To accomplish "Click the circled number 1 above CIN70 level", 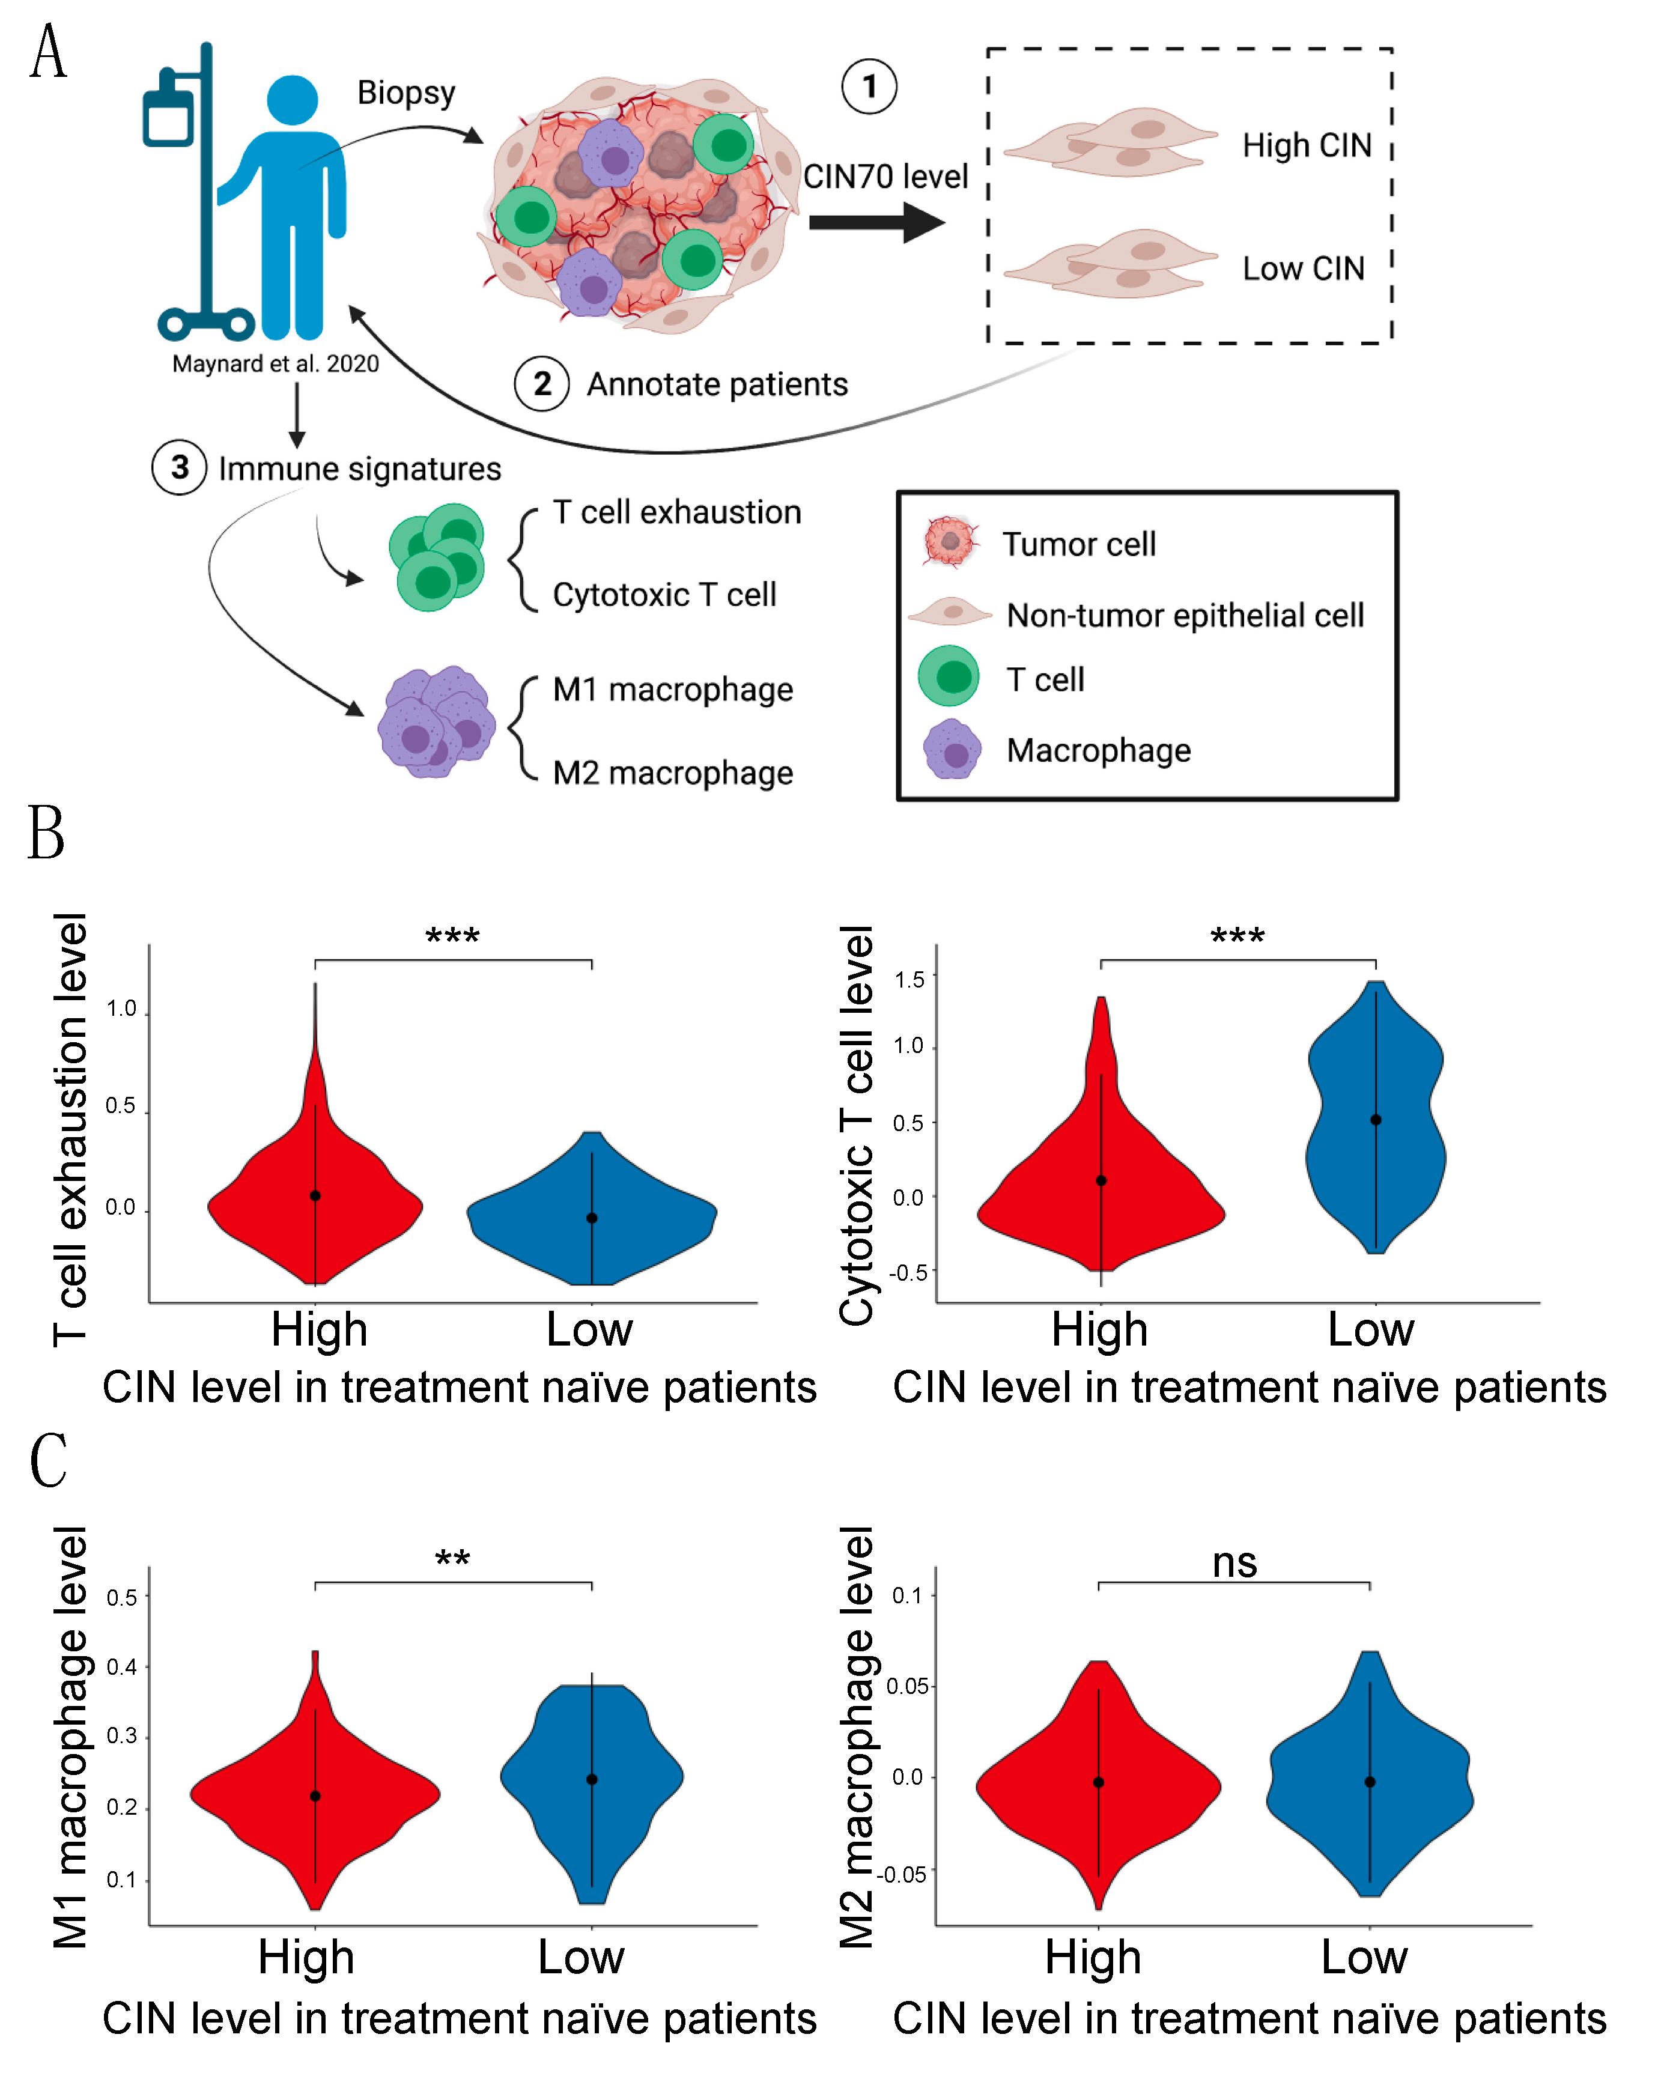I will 869,87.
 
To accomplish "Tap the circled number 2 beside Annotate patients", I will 542,384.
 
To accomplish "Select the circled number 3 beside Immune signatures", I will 179,467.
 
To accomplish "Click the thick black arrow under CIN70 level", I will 876,223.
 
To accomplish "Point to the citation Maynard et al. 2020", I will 275,363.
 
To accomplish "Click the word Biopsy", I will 406,93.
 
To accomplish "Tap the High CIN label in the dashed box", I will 1306,145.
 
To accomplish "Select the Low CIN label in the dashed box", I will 1303,269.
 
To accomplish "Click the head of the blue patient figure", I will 293,100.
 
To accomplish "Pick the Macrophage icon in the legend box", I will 952,749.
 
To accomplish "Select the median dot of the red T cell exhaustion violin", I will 315,1195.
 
